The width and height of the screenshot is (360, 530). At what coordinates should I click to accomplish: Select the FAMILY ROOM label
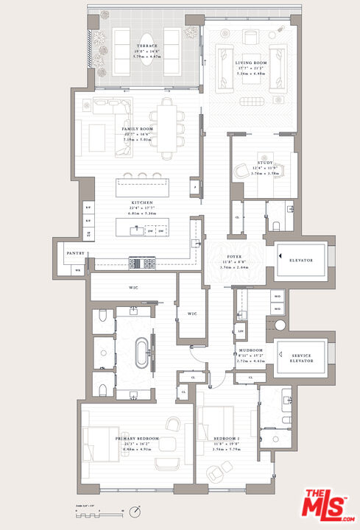[x=136, y=128]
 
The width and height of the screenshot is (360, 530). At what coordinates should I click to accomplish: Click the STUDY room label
[x=265, y=163]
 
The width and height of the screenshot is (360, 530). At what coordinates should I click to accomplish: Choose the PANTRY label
[x=77, y=253]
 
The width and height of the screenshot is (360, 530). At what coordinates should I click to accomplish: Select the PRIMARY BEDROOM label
[x=138, y=439]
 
